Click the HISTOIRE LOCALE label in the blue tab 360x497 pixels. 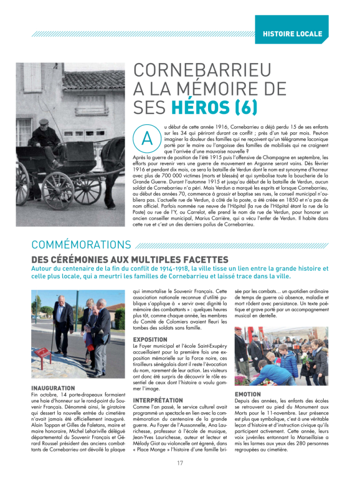[292, 34]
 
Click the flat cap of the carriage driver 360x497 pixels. [45, 121]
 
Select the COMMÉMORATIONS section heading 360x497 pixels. [81, 245]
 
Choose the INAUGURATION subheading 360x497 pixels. [53, 388]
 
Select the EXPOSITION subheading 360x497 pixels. [153, 339]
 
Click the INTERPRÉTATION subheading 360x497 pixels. [158, 400]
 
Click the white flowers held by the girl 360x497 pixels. [307, 357]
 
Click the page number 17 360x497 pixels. [180, 463]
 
